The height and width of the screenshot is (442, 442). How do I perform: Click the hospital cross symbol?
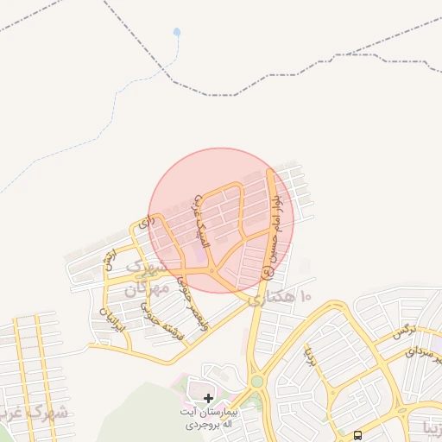click(x=208, y=398)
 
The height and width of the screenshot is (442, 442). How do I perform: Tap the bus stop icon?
click(x=358, y=434)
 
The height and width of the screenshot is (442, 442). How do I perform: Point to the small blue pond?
click(x=177, y=33)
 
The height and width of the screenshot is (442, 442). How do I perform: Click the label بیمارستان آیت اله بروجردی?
click(x=208, y=420)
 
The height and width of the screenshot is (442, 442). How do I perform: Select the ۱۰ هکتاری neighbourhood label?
click(x=284, y=299)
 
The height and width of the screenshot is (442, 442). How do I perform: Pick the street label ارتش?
click(x=108, y=258)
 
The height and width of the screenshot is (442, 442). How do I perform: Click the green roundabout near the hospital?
click(x=256, y=381)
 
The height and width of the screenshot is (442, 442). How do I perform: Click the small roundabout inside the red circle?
click(x=212, y=273)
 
